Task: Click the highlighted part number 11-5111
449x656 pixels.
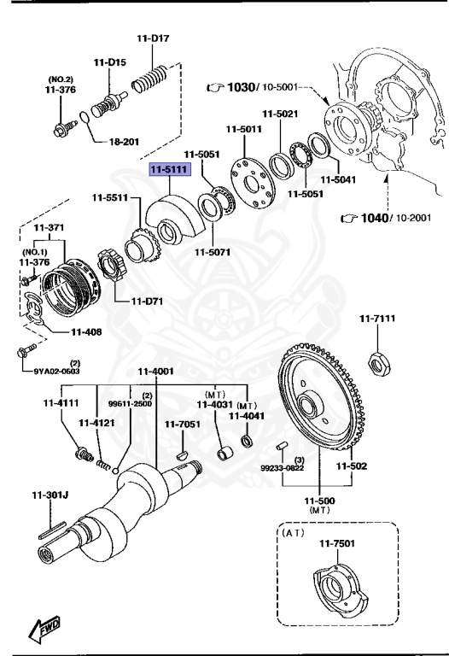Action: [x=166, y=171]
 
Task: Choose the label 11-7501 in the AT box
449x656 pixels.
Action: [x=337, y=543]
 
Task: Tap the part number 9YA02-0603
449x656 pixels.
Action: [x=57, y=371]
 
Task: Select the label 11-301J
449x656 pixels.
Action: [x=50, y=494]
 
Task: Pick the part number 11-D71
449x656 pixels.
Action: [x=146, y=301]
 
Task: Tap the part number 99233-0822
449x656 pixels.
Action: [x=282, y=468]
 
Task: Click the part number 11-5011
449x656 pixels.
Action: [x=243, y=130]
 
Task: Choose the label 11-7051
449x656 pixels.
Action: [x=182, y=425]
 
